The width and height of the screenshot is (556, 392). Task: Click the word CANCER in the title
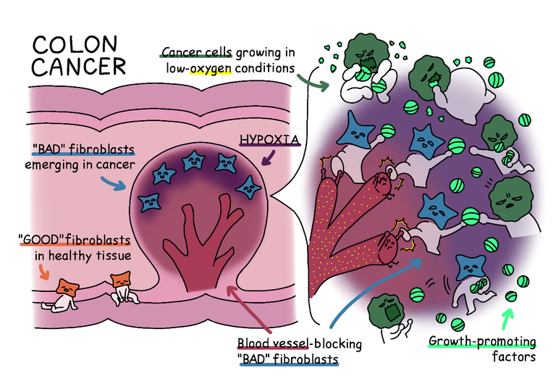(x=79, y=68)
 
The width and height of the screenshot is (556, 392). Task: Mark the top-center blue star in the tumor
(x=196, y=159)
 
